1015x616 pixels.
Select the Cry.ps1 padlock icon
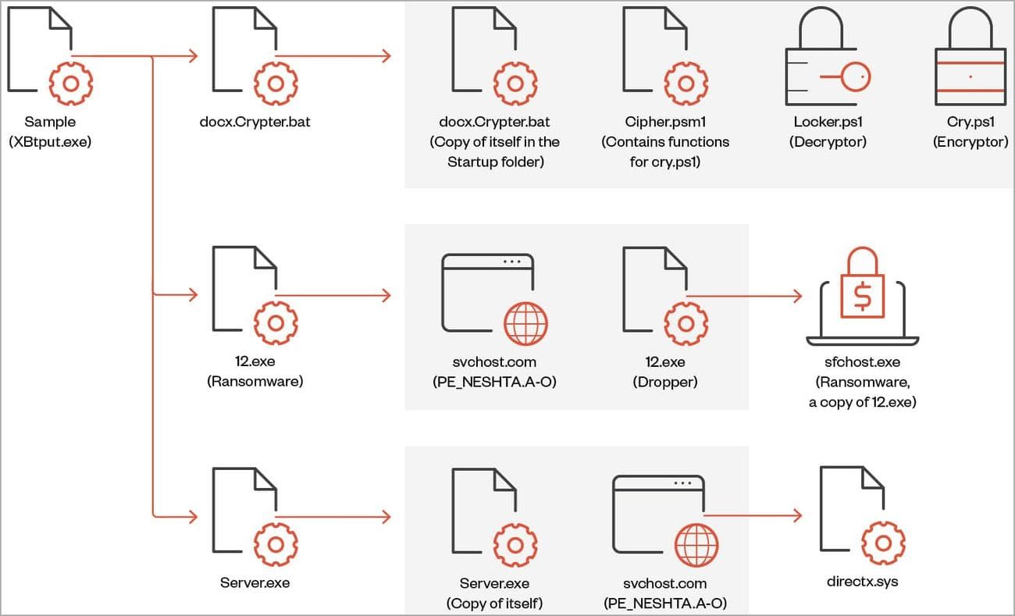tap(970, 59)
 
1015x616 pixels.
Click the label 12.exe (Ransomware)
tap(255, 372)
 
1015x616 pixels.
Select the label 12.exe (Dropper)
tap(664, 372)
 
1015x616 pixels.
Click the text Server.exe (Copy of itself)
tap(494, 593)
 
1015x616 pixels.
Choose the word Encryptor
tap(970, 142)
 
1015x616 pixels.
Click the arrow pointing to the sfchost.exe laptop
tap(796, 297)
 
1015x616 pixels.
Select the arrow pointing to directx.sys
tap(796, 515)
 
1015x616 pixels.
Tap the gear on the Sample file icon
tap(70, 81)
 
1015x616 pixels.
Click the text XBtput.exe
tap(50, 142)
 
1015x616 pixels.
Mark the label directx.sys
tap(862, 582)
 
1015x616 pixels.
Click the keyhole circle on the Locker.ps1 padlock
tap(857, 77)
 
